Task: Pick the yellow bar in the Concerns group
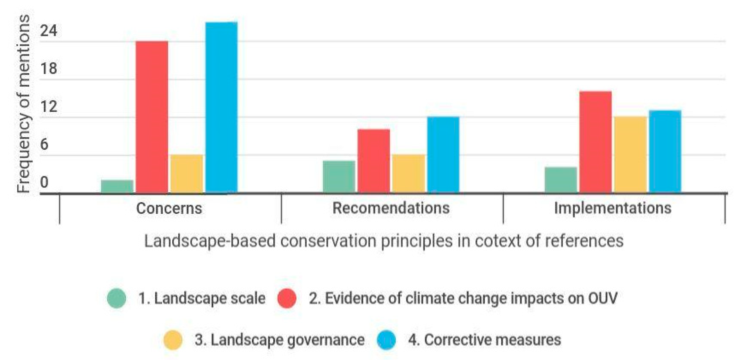tap(187, 174)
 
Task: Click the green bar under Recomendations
tap(339, 177)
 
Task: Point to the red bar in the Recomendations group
tap(374, 161)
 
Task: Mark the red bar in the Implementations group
tap(595, 142)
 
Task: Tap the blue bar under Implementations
tap(665, 151)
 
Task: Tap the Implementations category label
tap(612, 208)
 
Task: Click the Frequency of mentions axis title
tap(23, 103)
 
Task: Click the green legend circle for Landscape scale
tap(117, 298)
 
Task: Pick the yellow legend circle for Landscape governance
tap(173, 340)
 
